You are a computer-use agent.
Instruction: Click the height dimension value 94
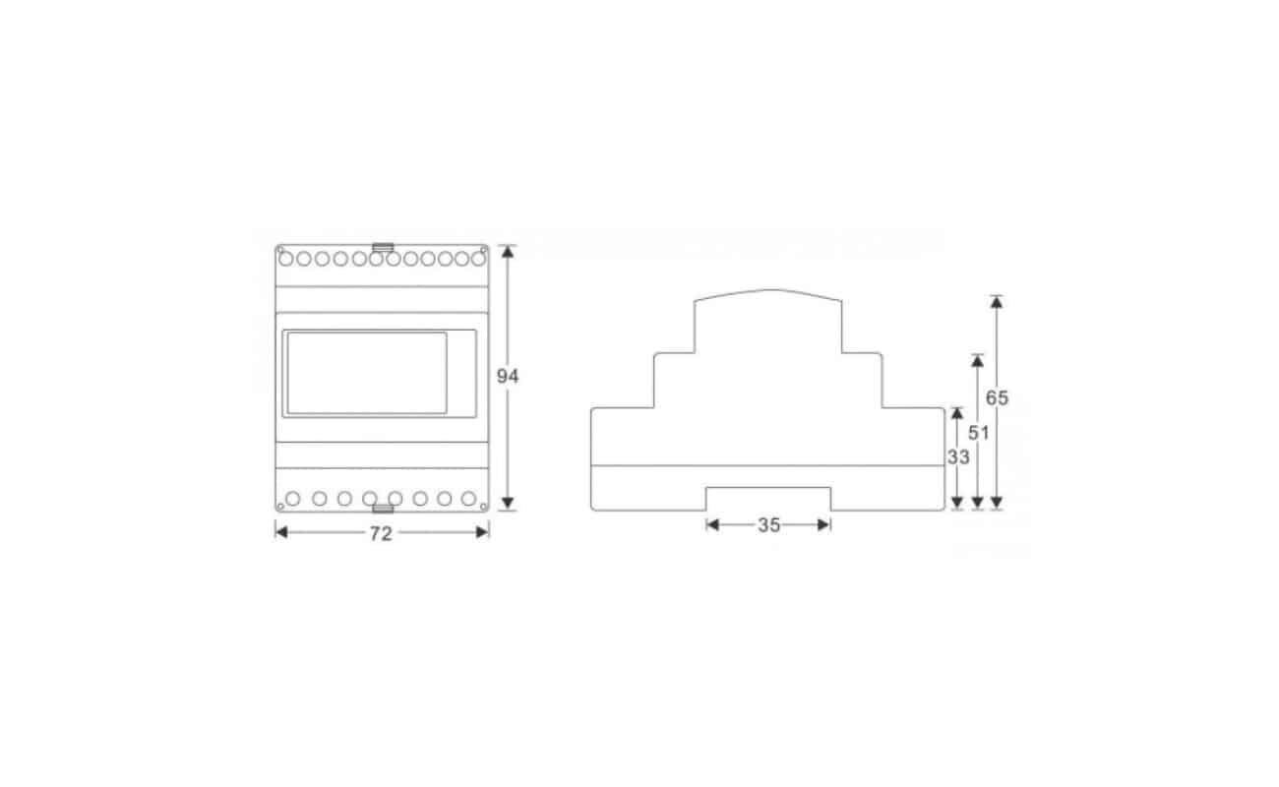tap(507, 377)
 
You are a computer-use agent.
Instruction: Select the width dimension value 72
tap(381, 534)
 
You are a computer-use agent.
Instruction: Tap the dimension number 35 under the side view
tap(768, 525)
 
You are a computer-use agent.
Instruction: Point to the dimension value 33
tap(958, 456)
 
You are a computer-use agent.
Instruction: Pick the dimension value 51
tap(978, 433)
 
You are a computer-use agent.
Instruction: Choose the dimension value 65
tap(997, 398)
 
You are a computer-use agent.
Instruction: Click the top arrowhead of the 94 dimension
tap(508, 252)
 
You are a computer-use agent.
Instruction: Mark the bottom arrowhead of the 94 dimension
tap(508, 503)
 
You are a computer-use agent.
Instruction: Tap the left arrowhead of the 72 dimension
tap(281, 532)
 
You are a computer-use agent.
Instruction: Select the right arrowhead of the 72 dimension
tap(482, 532)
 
